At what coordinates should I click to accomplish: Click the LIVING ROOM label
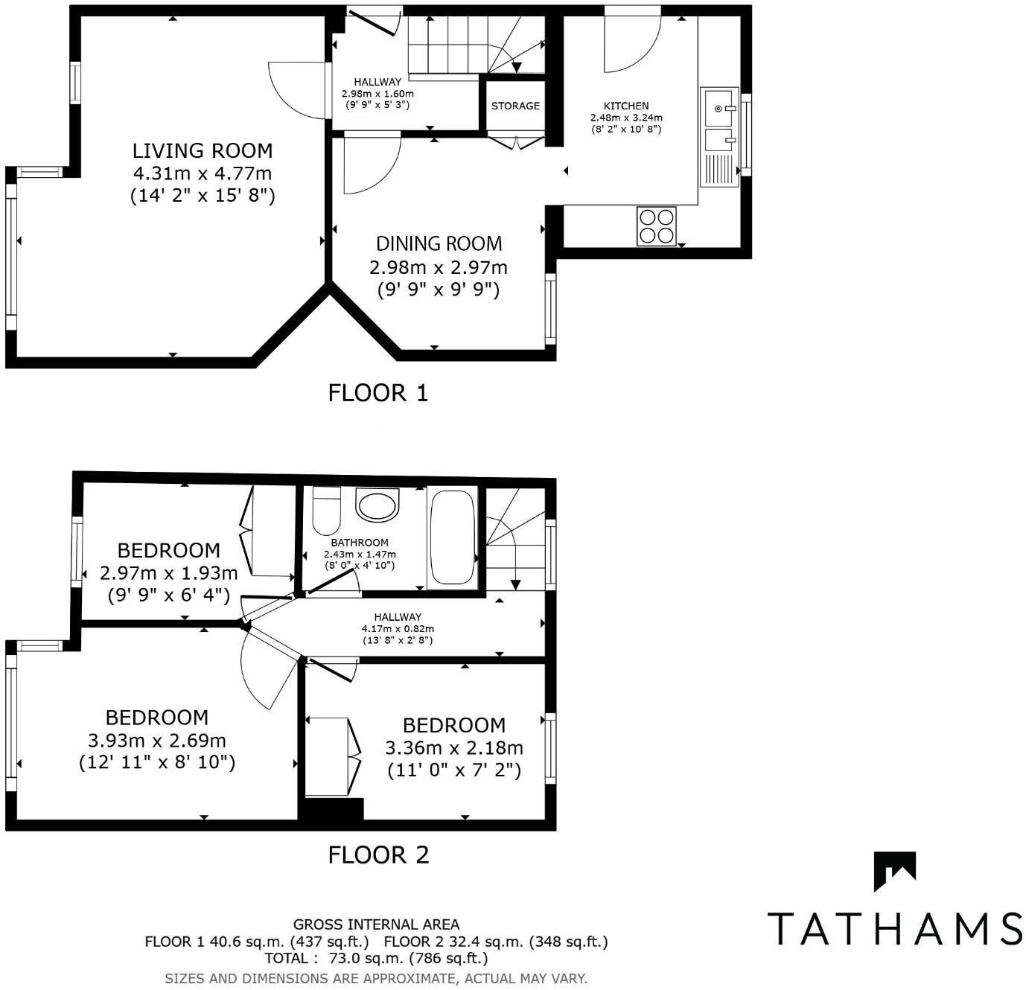[x=203, y=150]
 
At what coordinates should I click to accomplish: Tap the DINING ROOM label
[x=439, y=243]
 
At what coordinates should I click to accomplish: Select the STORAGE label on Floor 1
[x=515, y=106]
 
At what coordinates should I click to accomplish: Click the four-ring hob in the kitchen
[x=657, y=226]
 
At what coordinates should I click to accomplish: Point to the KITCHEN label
[x=626, y=106]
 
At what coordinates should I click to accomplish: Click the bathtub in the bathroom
[x=453, y=537]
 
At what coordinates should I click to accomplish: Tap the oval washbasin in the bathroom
[x=378, y=505]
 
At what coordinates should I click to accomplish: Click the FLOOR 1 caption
[x=378, y=393]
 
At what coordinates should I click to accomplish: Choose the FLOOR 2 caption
[x=378, y=855]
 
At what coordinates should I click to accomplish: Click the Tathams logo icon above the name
[x=894, y=871]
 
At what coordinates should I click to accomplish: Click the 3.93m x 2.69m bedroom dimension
[x=157, y=741]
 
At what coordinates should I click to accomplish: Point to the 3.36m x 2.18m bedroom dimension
[x=454, y=747]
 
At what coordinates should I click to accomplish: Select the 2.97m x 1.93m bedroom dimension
[x=168, y=573]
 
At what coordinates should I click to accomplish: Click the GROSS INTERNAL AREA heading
[x=376, y=924]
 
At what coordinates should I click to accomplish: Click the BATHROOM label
[x=360, y=543]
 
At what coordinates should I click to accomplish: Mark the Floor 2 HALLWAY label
[x=398, y=617]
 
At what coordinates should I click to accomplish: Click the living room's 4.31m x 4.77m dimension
[x=203, y=173]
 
